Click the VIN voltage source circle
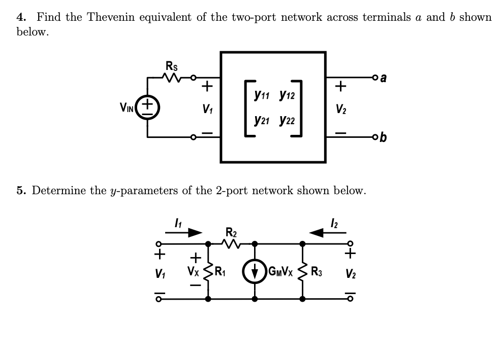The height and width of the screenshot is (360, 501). tap(147, 107)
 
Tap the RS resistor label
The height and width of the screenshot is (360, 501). tap(172, 65)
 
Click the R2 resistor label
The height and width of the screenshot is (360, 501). tap(230, 233)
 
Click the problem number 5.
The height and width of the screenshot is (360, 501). tap(20, 191)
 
